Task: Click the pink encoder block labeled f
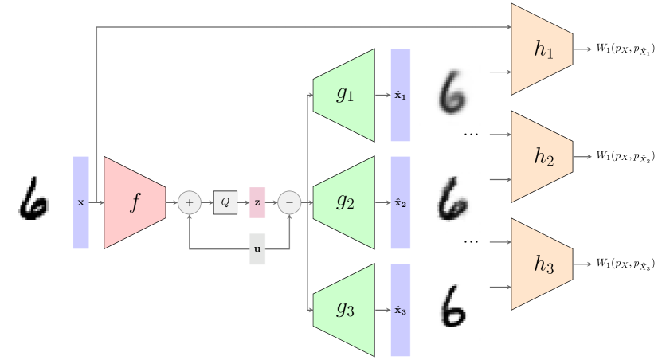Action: pos(135,202)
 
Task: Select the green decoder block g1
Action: pos(345,95)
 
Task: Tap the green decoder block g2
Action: pos(345,202)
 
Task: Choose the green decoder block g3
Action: pos(345,310)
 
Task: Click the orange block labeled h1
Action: pos(543,49)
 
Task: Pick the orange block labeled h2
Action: pos(543,157)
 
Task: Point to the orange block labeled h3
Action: pos(543,264)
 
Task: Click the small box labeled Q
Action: pos(225,202)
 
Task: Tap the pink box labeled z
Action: pos(257,202)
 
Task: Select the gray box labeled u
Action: pos(257,249)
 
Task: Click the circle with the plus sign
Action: pos(189,202)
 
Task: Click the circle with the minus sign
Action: pos(289,202)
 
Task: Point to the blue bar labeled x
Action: pos(81,202)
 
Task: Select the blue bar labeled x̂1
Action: pos(401,95)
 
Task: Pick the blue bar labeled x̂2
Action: pos(401,202)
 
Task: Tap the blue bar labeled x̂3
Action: pos(401,310)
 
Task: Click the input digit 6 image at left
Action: pos(33,202)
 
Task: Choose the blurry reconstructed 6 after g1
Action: pos(450,95)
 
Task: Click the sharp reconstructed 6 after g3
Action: pos(450,310)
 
